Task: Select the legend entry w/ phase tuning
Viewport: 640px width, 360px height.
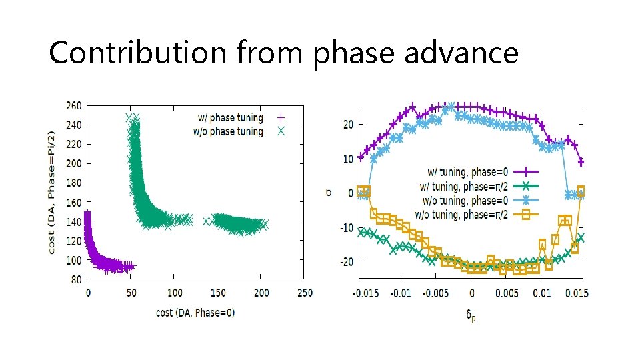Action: coord(228,118)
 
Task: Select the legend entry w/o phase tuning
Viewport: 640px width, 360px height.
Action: coord(228,131)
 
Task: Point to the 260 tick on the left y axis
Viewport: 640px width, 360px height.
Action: coord(74,105)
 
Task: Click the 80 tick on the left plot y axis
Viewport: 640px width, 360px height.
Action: coord(77,279)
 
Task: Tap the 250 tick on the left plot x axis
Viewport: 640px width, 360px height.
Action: coord(304,293)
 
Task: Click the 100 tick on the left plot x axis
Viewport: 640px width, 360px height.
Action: coord(174,293)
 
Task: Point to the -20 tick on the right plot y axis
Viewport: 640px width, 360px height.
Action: coord(345,262)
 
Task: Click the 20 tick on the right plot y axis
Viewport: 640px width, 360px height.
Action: coord(347,124)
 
